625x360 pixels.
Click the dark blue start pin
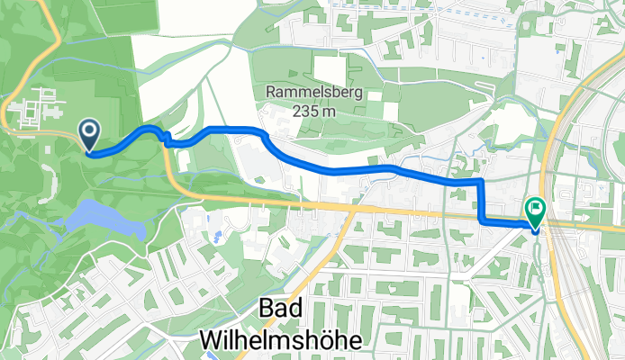tap(90, 134)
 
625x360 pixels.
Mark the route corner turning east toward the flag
tap(483, 220)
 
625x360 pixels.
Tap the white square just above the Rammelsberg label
tap(329, 69)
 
